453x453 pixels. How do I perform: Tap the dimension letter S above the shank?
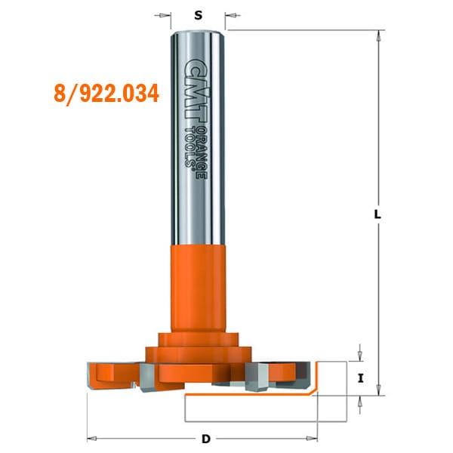198,14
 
